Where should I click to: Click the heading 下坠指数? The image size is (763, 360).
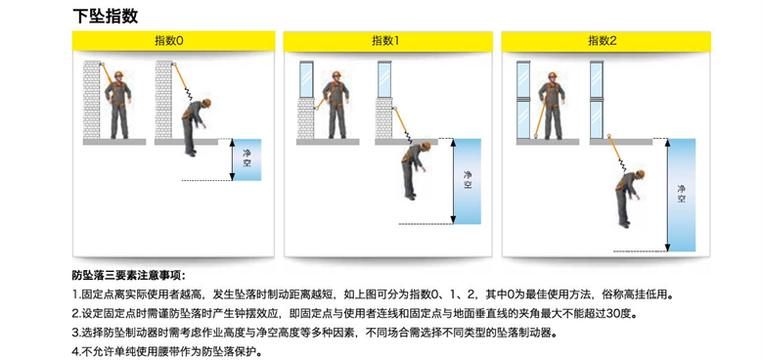click(x=105, y=16)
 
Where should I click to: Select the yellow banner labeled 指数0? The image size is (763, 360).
click(x=174, y=41)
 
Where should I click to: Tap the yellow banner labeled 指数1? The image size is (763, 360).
click(x=387, y=41)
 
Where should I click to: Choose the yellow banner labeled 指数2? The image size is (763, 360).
click(x=606, y=41)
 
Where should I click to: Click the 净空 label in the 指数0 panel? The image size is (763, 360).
click(x=247, y=159)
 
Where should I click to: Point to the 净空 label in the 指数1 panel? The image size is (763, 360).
click(x=469, y=180)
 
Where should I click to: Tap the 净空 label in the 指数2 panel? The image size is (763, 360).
click(x=681, y=194)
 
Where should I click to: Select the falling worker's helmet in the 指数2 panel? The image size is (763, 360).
click(x=640, y=174)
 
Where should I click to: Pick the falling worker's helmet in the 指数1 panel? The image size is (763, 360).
click(x=426, y=146)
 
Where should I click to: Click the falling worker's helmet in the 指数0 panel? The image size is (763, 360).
click(x=207, y=103)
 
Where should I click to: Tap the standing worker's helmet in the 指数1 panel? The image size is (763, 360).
click(x=337, y=74)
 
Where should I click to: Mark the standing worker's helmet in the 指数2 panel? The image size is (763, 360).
click(x=553, y=75)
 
